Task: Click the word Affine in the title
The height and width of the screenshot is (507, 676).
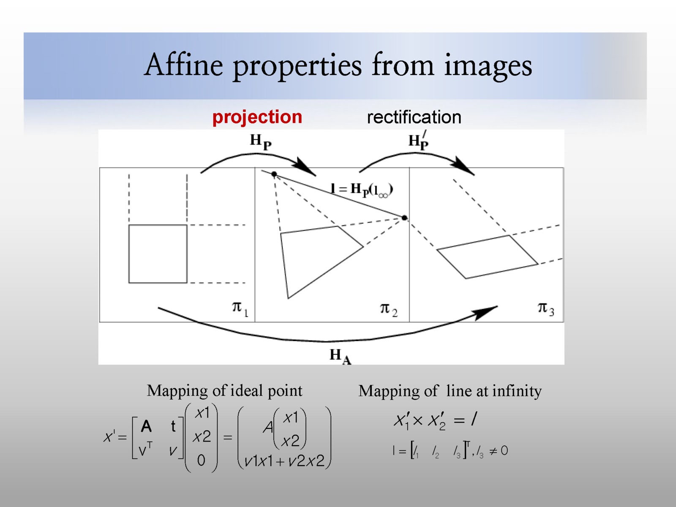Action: [x=184, y=65]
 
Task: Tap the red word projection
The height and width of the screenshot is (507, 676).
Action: [x=257, y=117]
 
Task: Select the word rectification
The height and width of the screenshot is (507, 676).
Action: [x=414, y=117]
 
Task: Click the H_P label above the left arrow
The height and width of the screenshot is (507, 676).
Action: [x=260, y=141]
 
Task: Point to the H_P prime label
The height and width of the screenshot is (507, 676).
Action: [x=419, y=141]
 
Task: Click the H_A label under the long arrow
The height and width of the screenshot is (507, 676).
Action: [x=340, y=356]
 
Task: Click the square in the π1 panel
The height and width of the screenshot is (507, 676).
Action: [x=158, y=253]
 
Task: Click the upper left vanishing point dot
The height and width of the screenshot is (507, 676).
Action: [x=274, y=174]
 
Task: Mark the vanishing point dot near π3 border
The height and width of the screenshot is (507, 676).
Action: [x=404, y=218]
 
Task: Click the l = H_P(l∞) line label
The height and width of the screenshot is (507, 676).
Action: [x=362, y=190]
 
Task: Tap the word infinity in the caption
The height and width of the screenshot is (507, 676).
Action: [x=517, y=391]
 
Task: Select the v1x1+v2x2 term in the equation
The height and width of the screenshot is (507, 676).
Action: [x=284, y=461]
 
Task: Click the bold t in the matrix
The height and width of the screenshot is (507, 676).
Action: [x=173, y=426]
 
